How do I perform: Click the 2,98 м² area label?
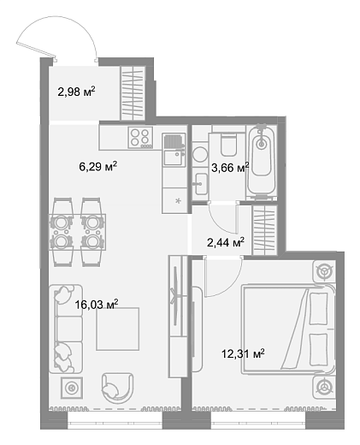coord(76,92)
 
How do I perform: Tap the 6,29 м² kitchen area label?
coord(98,166)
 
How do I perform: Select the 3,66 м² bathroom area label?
coord(230,168)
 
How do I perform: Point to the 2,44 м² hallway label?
coord(226,242)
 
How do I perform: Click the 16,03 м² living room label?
coord(97,305)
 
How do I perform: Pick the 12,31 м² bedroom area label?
coord(243,353)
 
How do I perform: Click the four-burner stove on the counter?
coord(140,138)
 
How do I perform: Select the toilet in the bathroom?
coord(228,144)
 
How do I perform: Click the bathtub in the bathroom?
coord(261,161)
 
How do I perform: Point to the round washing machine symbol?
coord(200,155)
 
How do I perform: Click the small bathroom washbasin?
coord(201,184)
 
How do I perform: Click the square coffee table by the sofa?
coord(118,329)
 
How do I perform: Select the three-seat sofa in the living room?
coord(66,329)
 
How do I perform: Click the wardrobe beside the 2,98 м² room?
coord(133,93)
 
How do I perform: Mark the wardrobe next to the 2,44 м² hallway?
coord(265,230)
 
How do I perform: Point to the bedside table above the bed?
coord(324,271)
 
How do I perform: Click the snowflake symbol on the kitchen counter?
coord(178,201)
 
